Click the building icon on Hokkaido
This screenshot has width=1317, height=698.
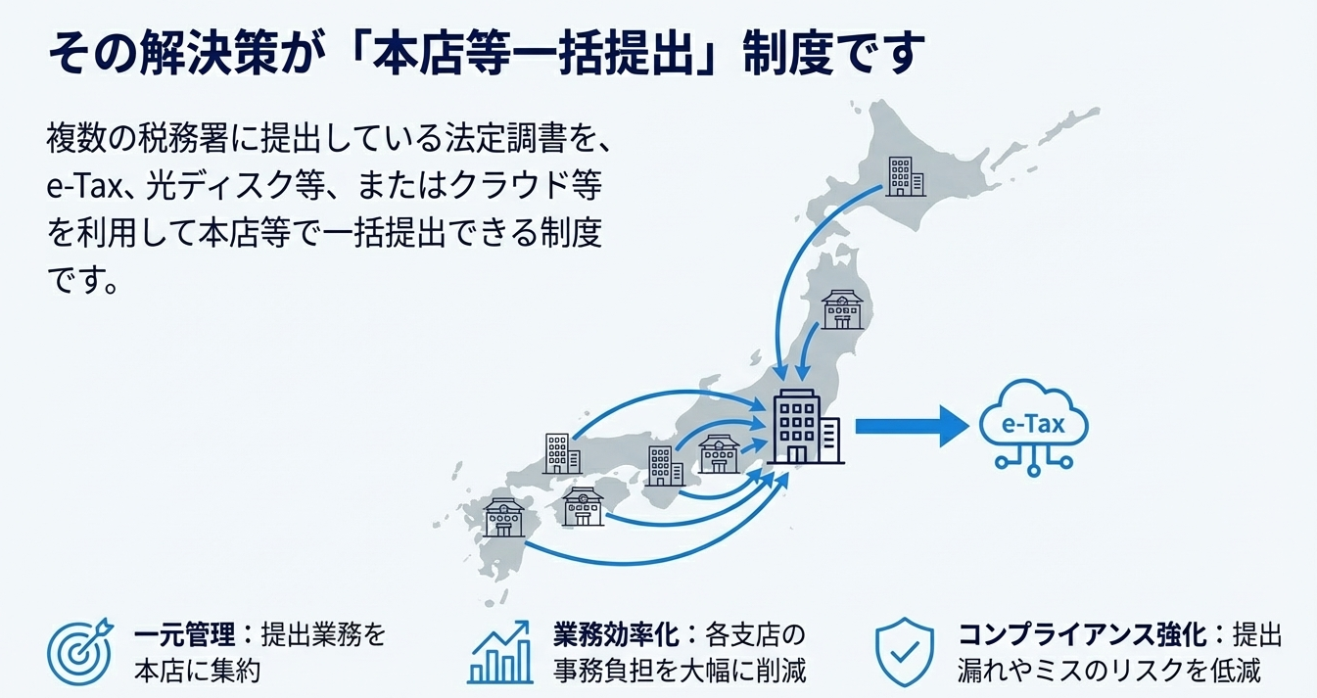click(905, 175)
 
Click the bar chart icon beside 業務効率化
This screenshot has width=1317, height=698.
click(499, 652)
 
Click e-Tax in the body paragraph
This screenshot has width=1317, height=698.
click(82, 187)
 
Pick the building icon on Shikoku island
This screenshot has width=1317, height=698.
click(584, 506)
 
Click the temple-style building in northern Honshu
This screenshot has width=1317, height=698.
click(841, 308)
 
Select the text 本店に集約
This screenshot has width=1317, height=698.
click(196, 672)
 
